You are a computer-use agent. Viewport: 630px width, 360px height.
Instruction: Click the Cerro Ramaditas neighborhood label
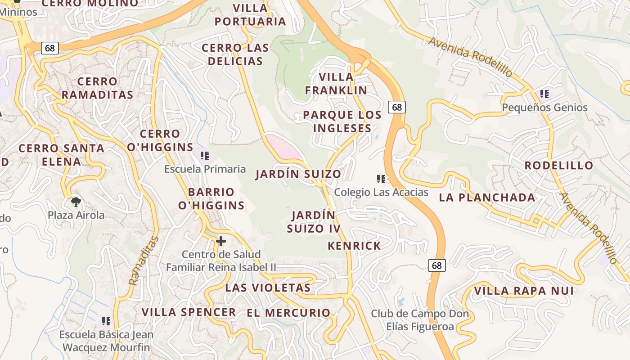tap(97, 88)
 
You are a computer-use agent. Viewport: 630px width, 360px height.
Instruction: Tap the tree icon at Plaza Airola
tap(76, 201)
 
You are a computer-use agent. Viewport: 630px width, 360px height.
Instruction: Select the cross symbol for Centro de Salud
tap(220, 241)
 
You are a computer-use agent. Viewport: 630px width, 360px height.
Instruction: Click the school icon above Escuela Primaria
tap(205, 156)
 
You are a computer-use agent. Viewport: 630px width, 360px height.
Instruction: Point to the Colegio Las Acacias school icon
tap(381, 179)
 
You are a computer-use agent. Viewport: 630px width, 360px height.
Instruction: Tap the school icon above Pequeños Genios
tap(544, 94)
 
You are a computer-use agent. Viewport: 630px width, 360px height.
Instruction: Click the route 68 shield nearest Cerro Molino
tap(50, 48)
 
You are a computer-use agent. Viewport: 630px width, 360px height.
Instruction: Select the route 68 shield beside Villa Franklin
tap(396, 107)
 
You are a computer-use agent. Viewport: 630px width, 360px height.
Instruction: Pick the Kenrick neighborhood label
tap(354, 246)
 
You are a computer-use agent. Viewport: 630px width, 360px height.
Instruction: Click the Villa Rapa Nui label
tap(524, 291)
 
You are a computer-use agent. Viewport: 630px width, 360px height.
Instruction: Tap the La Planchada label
tap(487, 197)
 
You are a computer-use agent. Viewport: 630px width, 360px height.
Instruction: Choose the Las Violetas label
tap(268, 288)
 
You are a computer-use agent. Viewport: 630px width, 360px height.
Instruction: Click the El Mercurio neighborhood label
tap(288, 313)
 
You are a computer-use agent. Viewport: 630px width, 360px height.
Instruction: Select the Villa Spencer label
tap(189, 312)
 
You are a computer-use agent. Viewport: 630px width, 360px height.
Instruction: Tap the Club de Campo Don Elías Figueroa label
tap(420, 320)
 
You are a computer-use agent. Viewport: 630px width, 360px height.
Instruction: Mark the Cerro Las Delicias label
tap(235, 54)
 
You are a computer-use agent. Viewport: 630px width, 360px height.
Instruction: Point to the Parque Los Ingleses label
tap(342, 121)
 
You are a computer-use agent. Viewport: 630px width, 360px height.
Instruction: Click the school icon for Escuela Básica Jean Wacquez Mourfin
tap(106, 321)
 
